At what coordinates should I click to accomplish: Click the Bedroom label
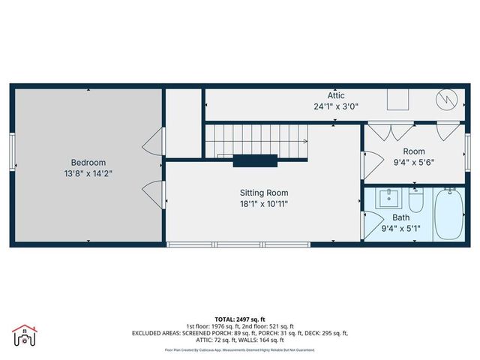pyautogui.click(x=88, y=163)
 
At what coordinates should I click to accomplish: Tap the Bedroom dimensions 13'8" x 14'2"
pyautogui.click(x=88, y=173)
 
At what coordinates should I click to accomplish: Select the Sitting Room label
pyautogui.click(x=258, y=193)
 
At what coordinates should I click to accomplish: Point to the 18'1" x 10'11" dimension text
pyautogui.click(x=258, y=203)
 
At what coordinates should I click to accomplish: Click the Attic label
pyautogui.click(x=336, y=95)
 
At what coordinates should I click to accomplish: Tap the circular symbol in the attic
pyautogui.click(x=445, y=99)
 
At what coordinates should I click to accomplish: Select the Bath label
pyautogui.click(x=400, y=217)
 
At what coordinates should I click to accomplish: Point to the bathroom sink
pyautogui.click(x=388, y=198)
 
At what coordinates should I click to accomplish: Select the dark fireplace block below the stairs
pyautogui.click(x=256, y=159)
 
